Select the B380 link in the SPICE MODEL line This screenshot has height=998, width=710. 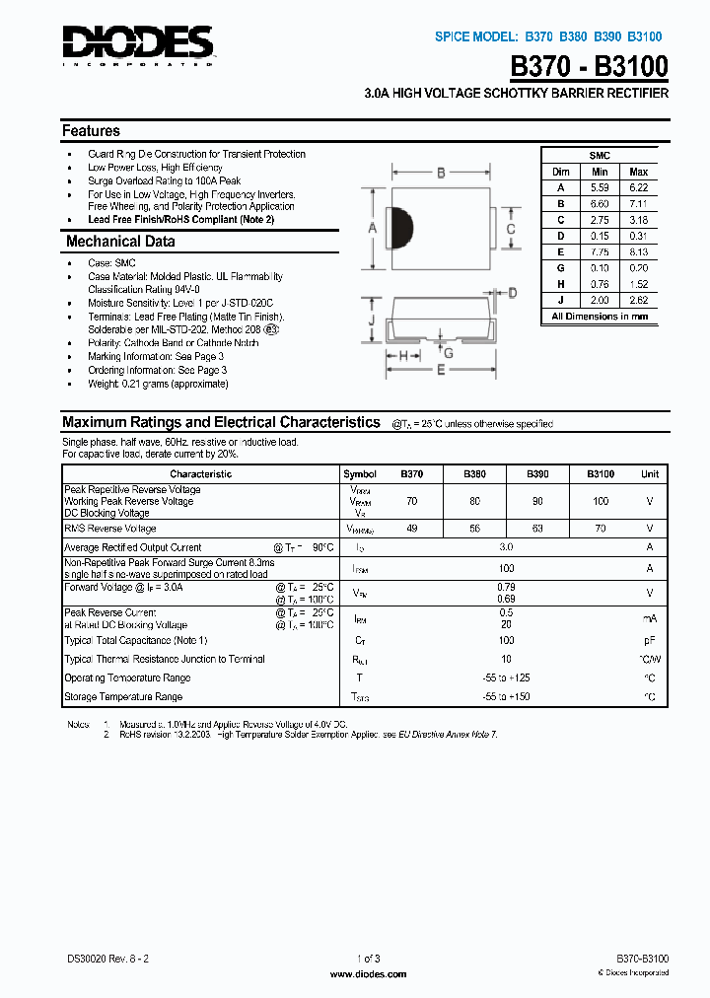(x=574, y=36)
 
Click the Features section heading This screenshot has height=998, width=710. (x=91, y=130)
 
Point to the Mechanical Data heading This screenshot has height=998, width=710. (x=120, y=242)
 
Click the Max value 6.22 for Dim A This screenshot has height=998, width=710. (x=638, y=187)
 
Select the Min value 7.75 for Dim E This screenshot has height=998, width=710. (x=600, y=251)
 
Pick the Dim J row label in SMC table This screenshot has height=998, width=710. (x=560, y=300)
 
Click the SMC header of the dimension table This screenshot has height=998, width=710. (x=600, y=156)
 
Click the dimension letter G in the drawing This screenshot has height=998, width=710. (x=448, y=352)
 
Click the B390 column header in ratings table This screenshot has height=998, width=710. (x=537, y=474)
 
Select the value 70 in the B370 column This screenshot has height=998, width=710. (x=411, y=501)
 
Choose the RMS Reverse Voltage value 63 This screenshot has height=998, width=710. (x=537, y=529)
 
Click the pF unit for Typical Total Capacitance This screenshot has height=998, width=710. (x=650, y=641)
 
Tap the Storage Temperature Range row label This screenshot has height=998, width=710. (x=123, y=697)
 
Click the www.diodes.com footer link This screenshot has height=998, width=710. (x=368, y=974)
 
